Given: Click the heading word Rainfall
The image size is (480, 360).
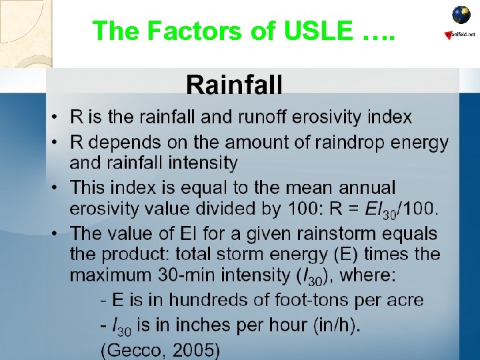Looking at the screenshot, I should (x=234, y=85).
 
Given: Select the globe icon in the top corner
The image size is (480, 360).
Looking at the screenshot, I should (x=461, y=15).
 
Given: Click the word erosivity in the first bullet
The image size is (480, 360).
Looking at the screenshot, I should (x=322, y=118).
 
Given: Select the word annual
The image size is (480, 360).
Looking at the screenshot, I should (x=363, y=188).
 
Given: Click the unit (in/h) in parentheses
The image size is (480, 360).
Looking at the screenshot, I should (x=332, y=325).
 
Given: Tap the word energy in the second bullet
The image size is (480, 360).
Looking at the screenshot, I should (x=420, y=142).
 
